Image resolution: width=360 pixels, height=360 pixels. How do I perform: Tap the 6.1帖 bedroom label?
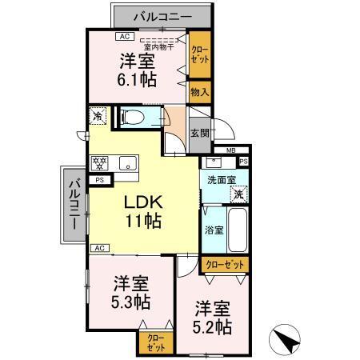[x=138, y=68]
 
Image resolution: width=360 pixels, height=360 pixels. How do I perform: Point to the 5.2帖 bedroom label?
[x=211, y=317]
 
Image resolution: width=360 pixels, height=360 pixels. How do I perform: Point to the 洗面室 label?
[x=219, y=181]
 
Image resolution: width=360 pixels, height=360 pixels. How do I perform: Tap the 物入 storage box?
[x=199, y=92]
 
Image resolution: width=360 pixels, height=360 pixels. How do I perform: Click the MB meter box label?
[x=230, y=150]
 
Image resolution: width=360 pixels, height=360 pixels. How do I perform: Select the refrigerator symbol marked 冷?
[x=98, y=116]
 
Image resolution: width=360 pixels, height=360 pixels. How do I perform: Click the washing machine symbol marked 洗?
[x=238, y=194]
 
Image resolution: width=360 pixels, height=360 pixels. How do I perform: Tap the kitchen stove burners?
[x=102, y=164]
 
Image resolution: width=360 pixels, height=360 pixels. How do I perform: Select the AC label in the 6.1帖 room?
[x=124, y=36]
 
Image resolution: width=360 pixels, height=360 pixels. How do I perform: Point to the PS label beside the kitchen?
[x=99, y=181]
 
